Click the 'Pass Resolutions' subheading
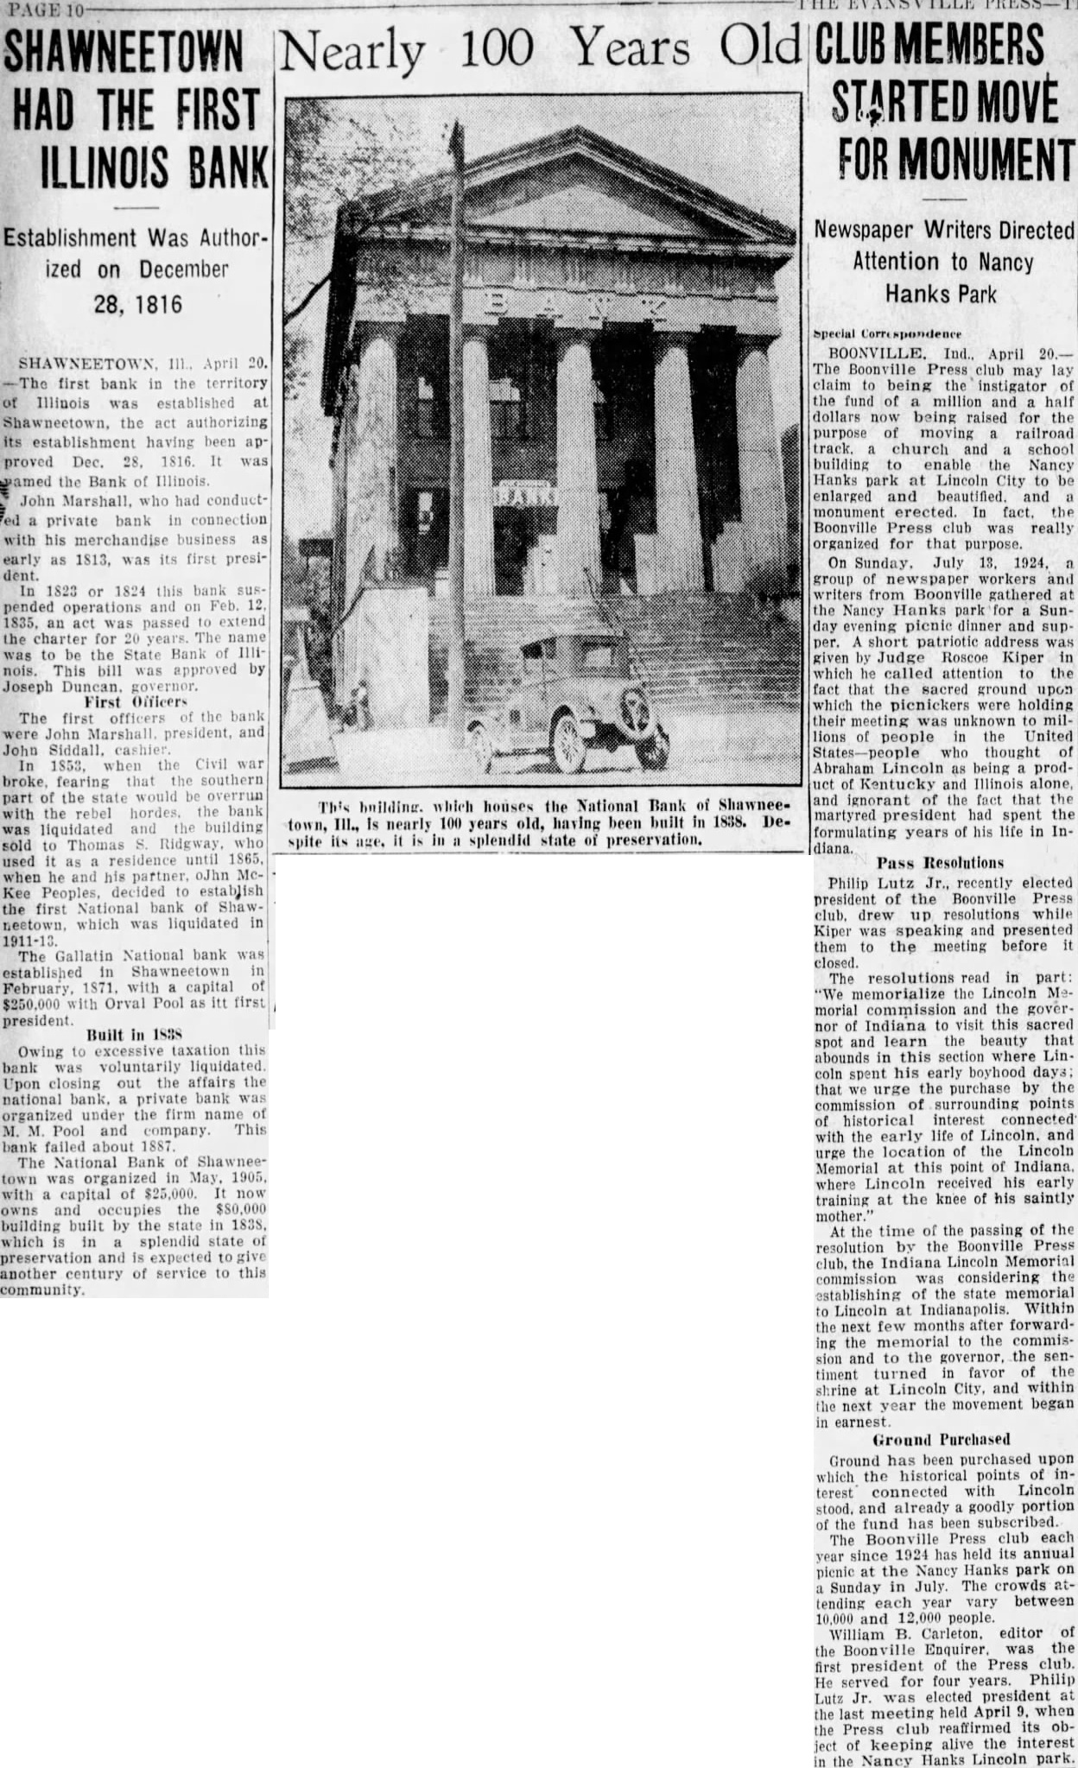941,862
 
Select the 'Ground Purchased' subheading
941,1440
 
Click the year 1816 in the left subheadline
153,304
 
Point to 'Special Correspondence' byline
886,333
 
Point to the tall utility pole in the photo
453,345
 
